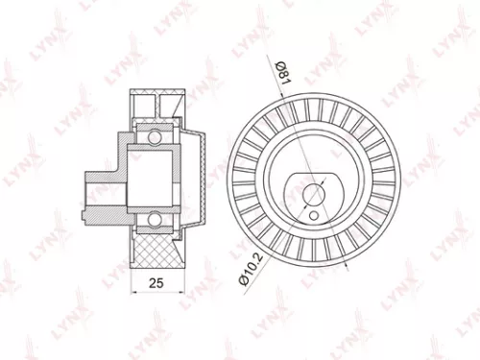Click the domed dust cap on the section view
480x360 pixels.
197,178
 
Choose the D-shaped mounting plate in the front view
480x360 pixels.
312,187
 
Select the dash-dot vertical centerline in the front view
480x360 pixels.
313,134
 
